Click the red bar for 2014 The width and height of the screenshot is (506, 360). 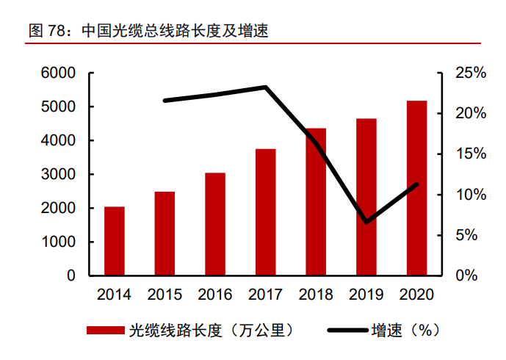[x=114, y=241]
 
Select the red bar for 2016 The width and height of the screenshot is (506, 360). [x=215, y=224]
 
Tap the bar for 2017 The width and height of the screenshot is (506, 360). [x=265, y=212]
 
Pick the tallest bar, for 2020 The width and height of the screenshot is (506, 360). [x=416, y=188]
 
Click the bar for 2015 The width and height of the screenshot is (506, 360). [x=165, y=234]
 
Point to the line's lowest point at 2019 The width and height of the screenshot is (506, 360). [x=366, y=221]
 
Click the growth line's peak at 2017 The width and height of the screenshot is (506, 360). [x=265, y=87]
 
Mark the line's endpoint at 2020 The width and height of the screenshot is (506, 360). [x=416, y=184]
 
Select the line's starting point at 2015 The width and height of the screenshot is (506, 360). [x=165, y=100]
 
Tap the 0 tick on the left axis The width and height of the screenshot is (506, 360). [x=71, y=276]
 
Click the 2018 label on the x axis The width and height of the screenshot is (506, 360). [x=316, y=295]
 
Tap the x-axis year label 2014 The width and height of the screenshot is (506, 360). [x=114, y=295]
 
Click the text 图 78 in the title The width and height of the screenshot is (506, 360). [x=44, y=32]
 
